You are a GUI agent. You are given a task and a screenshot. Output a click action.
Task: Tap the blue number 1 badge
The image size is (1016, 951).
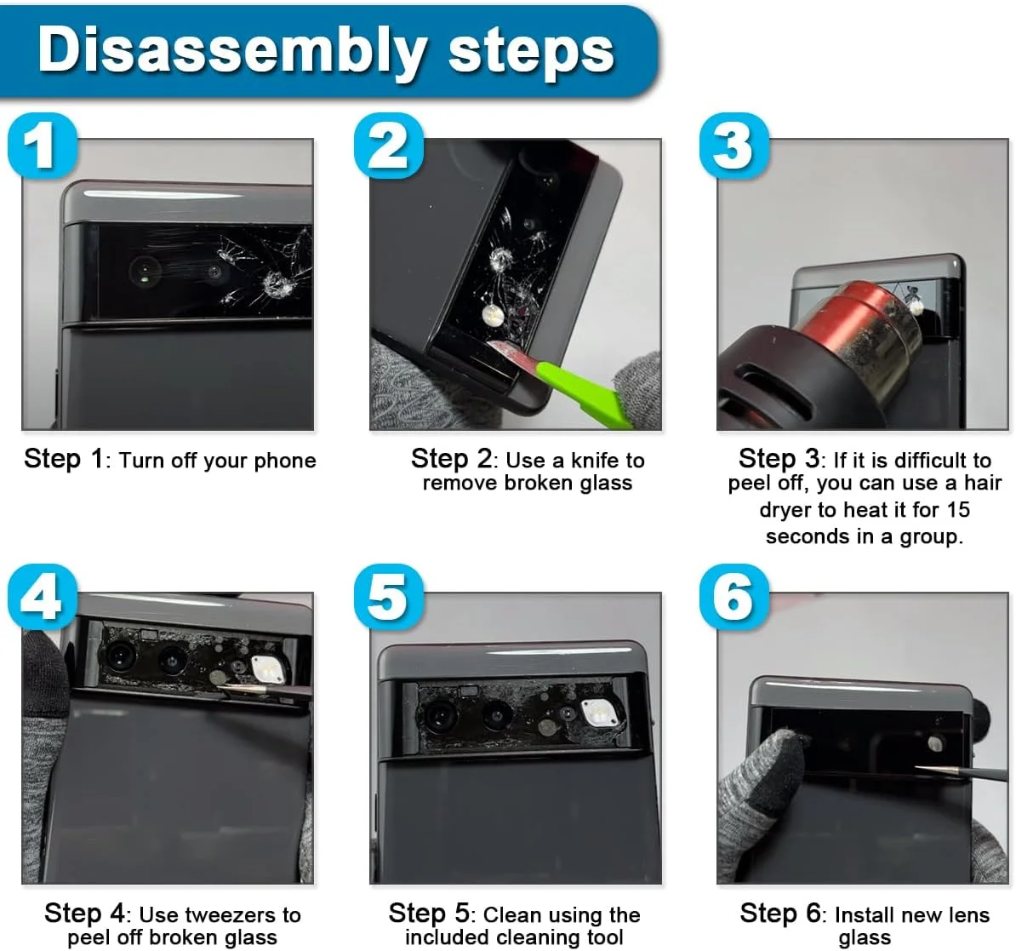coord(43,146)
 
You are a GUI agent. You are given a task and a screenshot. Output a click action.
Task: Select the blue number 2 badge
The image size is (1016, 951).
coord(389,146)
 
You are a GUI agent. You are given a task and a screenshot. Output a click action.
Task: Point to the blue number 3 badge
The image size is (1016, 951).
coord(735,146)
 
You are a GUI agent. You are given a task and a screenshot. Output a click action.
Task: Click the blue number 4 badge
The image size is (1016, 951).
coord(43,597)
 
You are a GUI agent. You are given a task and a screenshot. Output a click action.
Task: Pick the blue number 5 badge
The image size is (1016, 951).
coord(389,597)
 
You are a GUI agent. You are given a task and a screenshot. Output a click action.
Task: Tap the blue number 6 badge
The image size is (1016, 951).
coord(735,597)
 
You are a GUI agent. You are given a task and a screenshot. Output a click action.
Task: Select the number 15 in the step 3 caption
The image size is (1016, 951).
coord(957,509)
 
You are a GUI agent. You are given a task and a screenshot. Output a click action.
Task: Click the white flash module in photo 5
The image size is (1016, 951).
coord(597,713)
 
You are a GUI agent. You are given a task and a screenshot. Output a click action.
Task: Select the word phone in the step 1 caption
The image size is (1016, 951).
coord(285,461)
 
